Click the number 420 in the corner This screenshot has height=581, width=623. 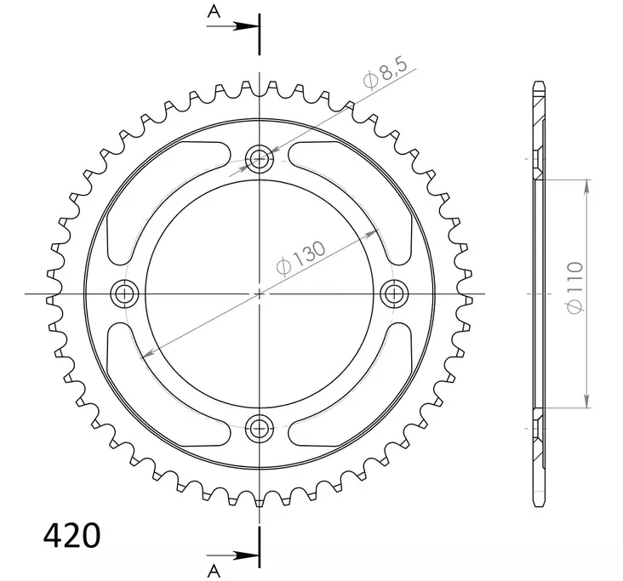click(x=71, y=536)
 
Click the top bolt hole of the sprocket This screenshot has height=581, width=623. click(x=259, y=157)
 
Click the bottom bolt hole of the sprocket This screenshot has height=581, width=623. click(x=259, y=428)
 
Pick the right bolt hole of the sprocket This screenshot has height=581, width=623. click(x=393, y=293)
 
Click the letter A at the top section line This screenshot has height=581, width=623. click(x=213, y=11)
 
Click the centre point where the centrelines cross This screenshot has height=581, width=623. click(x=259, y=293)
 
